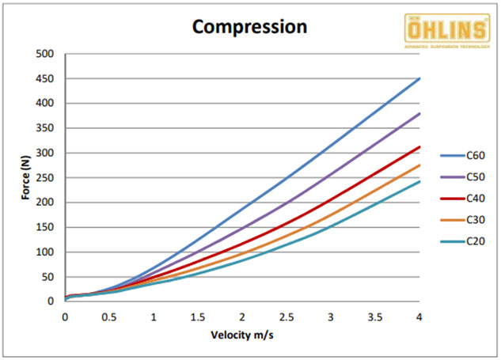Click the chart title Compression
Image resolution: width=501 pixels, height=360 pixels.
click(x=250, y=26)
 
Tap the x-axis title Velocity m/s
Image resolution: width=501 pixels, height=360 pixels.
click(x=241, y=335)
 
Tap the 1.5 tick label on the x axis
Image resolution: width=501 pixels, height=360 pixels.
click(x=198, y=316)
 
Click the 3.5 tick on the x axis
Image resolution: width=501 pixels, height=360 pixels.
click(x=375, y=316)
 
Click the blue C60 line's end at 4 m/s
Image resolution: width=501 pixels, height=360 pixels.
click(x=419, y=78)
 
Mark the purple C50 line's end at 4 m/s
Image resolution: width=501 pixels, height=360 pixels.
click(x=419, y=113)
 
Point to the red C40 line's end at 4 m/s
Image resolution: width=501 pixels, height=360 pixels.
click(x=419, y=147)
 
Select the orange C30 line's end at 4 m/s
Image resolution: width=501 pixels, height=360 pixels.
click(x=419, y=165)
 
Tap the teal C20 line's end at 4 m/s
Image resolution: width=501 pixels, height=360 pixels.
click(x=419, y=181)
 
